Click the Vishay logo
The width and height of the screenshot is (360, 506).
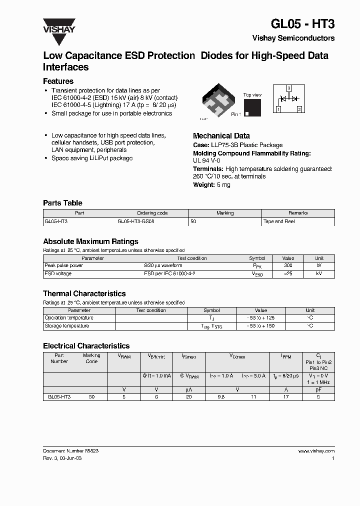point(58,25)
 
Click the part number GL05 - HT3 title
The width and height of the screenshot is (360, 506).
point(302,24)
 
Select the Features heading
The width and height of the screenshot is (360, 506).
point(58,81)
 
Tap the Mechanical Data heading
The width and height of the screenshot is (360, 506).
point(221,135)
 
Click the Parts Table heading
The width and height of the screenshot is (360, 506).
point(62,203)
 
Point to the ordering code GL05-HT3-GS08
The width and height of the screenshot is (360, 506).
point(135,221)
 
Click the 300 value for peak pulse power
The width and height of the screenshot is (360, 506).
point(288,265)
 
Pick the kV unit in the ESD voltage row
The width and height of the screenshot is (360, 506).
point(319,273)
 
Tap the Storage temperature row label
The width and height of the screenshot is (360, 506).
point(67,325)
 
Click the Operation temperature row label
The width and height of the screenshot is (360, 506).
point(69,317)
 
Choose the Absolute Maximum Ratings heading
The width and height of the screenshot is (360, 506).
point(90,241)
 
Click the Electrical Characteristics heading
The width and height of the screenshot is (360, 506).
point(86,345)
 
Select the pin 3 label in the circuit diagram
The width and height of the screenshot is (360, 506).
point(288,88)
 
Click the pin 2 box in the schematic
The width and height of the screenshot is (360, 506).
point(299,108)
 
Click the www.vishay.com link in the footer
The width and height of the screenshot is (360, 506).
point(316,450)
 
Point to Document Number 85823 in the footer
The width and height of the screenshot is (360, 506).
point(70,450)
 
